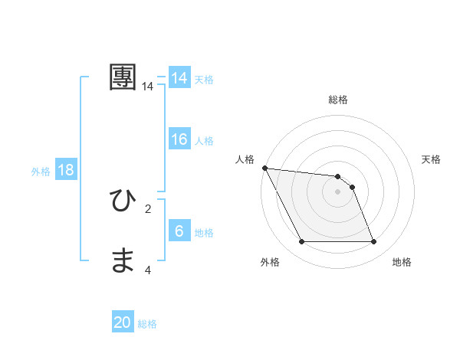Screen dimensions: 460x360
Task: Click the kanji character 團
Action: click(x=123, y=77)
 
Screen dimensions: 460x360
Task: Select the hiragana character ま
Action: click(x=123, y=261)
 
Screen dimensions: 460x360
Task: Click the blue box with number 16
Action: click(x=179, y=139)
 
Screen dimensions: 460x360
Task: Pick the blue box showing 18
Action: click(x=66, y=170)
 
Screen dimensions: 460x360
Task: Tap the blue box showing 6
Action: click(x=179, y=231)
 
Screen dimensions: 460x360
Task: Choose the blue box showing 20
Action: click(x=123, y=322)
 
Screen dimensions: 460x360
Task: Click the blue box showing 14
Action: click(x=179, y=78)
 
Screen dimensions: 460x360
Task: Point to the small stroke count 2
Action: click(x=148, y=208)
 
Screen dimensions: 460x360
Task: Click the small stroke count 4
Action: click(x=148, y=270)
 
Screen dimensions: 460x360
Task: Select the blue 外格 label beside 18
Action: click(x=41, y=172)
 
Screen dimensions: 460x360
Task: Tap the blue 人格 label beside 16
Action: click(x=204, y=141)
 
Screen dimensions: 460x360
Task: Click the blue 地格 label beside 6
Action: click(x=204, y=233)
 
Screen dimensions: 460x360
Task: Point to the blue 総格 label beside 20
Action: click(x=147, y=324)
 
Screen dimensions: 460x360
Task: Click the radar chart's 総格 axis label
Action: click(x=338, y=100)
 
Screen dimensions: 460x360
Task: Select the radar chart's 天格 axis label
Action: click(x=432, y=159)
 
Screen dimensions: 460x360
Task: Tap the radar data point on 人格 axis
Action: click(x=264, y=168)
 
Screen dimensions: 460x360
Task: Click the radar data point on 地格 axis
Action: click(x=374, y=242)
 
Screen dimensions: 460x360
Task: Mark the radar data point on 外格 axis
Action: click(x=301, y=242)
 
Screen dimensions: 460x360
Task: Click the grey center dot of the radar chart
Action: click(x=338, y=191)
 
